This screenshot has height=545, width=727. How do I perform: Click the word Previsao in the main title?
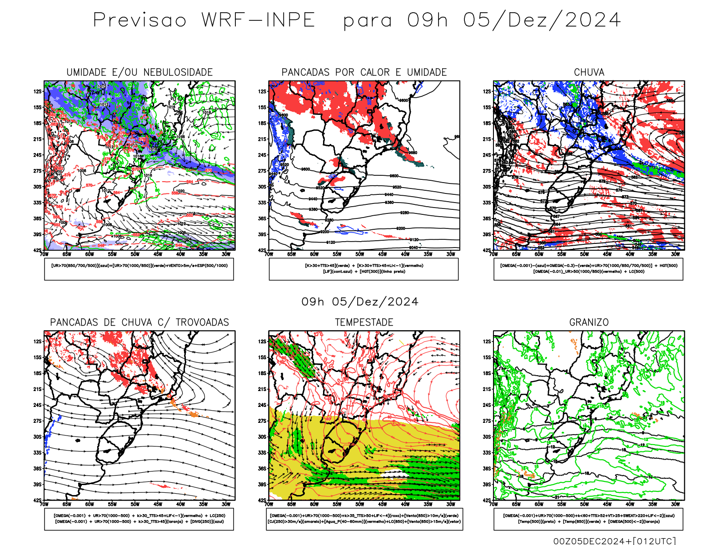(140, 20)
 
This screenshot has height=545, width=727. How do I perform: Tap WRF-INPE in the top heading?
(258, 20)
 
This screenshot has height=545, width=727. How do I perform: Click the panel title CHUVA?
(589, 72)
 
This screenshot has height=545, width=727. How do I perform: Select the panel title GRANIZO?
(589, 322)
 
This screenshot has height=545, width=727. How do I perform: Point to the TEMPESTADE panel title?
(364, 322)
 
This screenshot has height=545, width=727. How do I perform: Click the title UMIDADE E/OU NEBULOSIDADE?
(139, 72)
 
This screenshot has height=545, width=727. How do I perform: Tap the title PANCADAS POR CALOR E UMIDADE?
(364, 72)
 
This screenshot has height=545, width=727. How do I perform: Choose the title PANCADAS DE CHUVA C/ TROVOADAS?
(139, 322)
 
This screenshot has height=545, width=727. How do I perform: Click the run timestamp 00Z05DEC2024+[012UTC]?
(614, 541)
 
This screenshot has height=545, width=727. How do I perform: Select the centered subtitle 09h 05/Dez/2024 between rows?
(360, 302)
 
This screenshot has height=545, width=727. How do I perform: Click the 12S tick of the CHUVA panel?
(487, 91)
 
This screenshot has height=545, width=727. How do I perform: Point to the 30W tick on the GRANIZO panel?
(675, 504)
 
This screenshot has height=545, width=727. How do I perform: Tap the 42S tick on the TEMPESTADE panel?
(262, 500)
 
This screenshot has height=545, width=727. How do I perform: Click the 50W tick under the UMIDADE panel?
(135, 254)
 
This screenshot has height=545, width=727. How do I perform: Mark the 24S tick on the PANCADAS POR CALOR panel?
(262, 155)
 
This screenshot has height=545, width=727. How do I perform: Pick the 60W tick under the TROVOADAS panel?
(90, 504)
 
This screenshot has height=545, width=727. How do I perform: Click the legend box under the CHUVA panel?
(588, 269)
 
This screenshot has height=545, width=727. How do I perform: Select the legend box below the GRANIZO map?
(588, 519)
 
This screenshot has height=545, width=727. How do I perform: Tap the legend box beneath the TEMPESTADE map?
(364, 519)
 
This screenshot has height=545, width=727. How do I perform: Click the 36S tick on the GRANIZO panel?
(487, 468)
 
